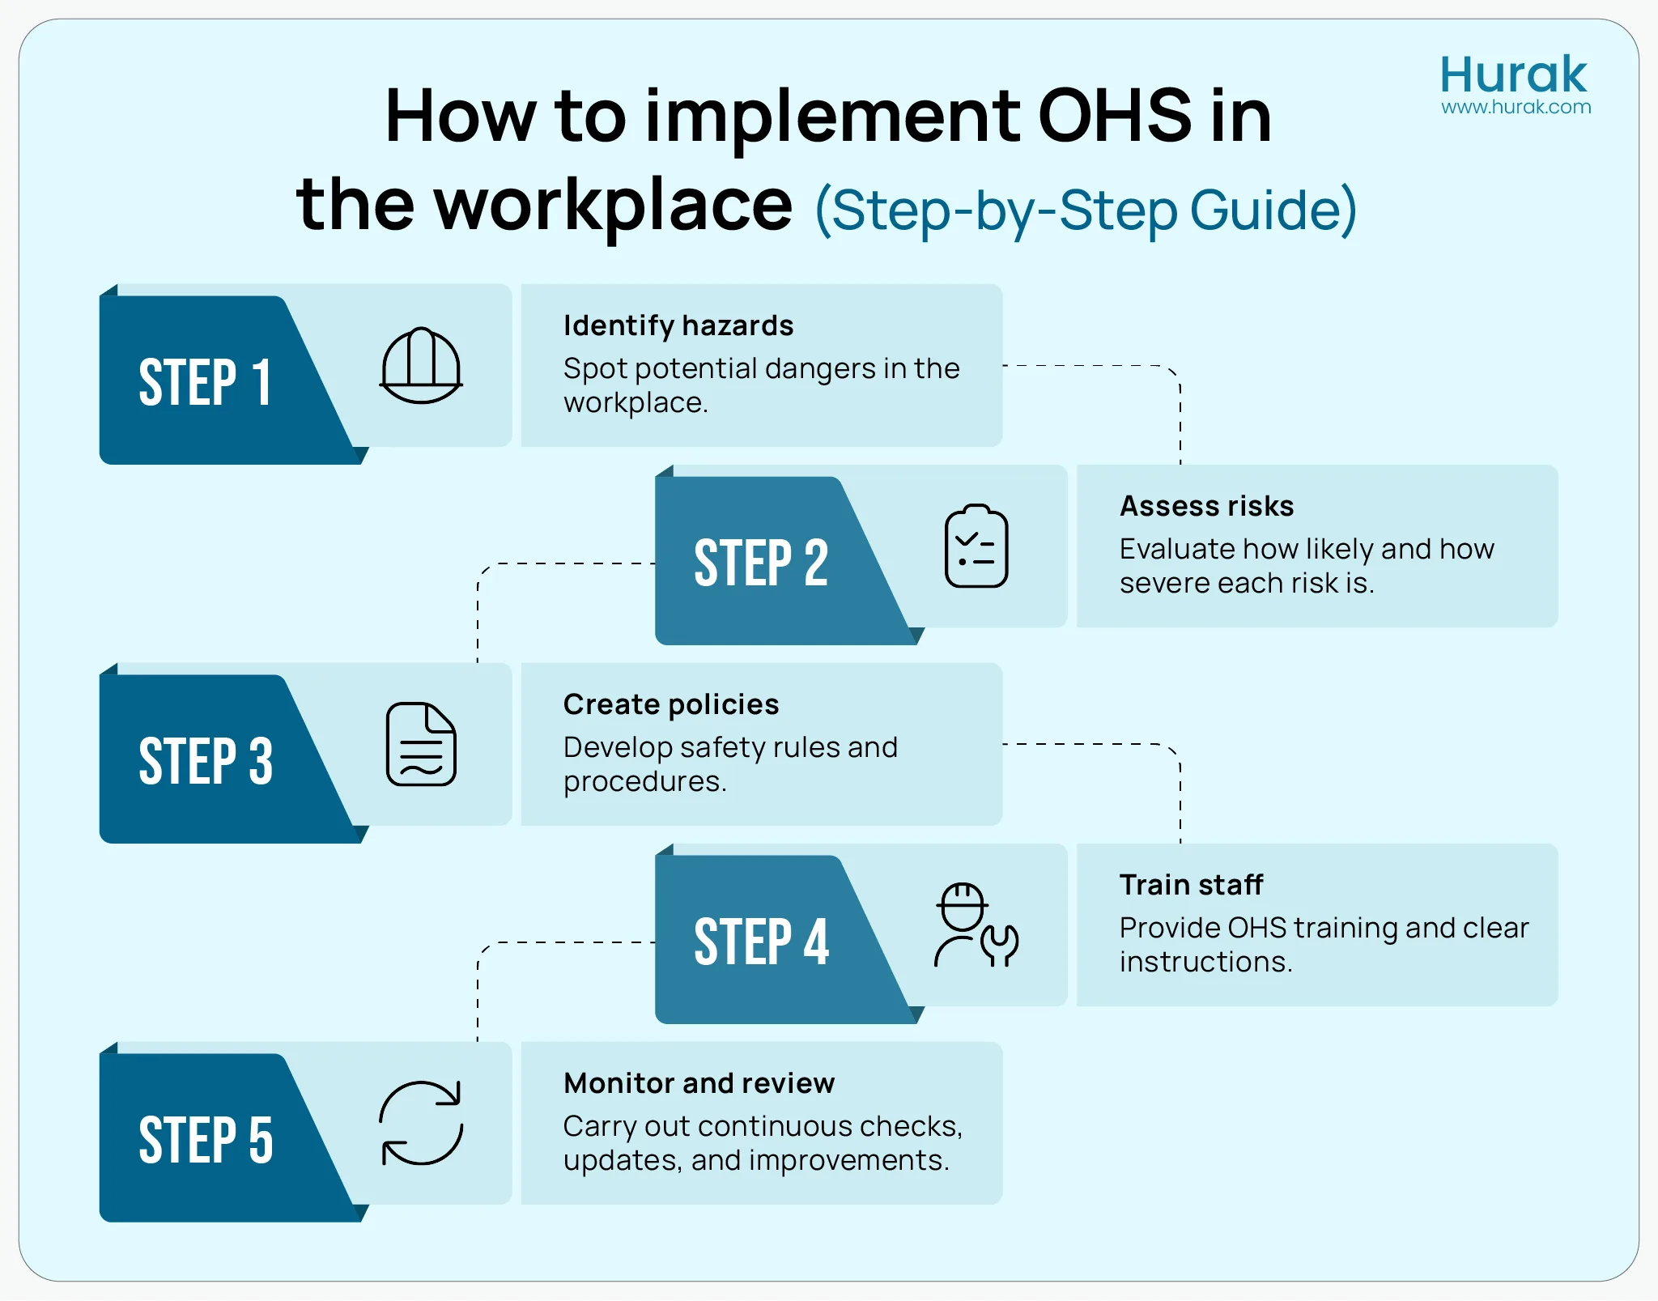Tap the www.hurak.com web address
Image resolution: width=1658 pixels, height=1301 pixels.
(1516, 107)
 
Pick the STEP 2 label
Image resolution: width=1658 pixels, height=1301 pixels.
(761, 563)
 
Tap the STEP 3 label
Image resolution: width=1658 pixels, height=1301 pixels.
(206, 760)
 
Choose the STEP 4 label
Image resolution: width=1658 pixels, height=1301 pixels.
(761, 942)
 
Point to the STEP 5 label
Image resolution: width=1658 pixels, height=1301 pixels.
(206, 1139)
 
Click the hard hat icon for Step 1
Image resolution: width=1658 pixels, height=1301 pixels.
(421, 366)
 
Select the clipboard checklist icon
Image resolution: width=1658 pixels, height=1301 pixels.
(976, 546)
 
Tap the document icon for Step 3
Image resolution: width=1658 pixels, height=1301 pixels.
(421, 744)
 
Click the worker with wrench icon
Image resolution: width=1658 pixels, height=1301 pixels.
(976, 925)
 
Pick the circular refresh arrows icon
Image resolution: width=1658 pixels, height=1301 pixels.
(421, 1123)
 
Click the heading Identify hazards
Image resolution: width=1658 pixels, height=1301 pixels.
(678, 325)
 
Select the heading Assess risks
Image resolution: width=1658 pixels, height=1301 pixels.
(1206, 506)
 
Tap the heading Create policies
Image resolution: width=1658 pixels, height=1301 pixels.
(671, 704)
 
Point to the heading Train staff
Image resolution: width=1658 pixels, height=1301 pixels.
(1191, 885)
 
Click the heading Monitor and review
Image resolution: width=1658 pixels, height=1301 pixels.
(699, 1083)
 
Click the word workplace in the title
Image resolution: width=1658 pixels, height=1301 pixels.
(613, 205)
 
